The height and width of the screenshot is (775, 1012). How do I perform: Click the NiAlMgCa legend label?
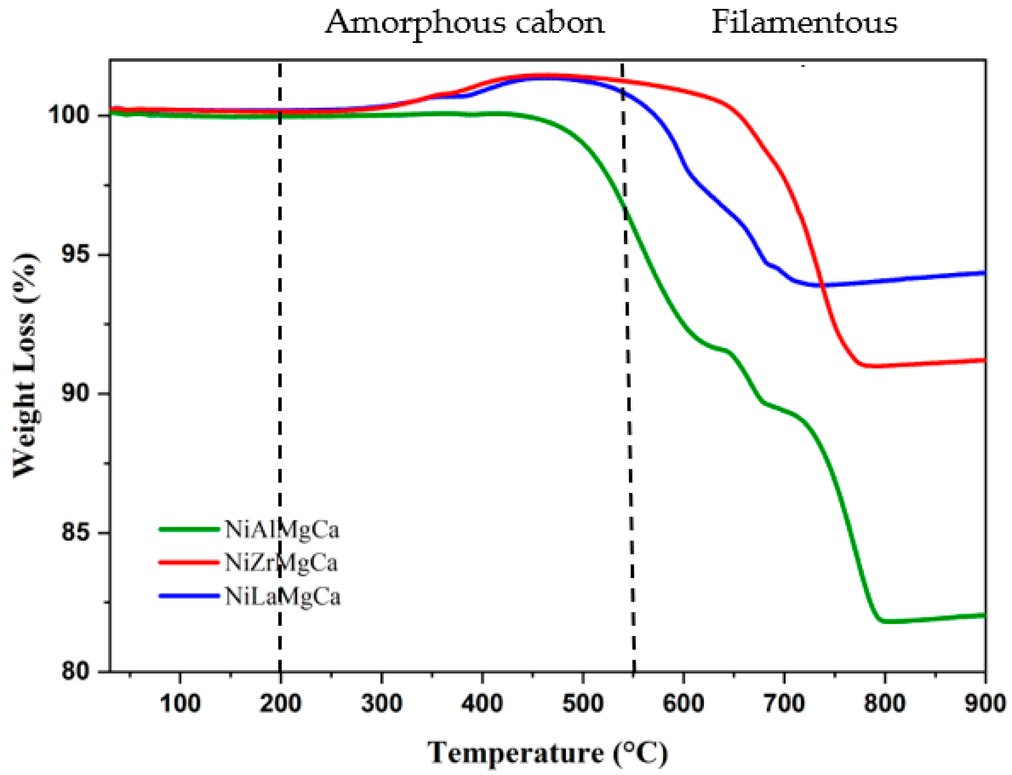(x=282, y=530)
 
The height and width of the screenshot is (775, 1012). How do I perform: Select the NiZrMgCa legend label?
(x=281, y=563)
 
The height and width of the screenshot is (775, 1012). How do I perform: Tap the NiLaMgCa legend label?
(x=282, y=597)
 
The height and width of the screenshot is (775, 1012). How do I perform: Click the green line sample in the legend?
(x=189, y=530)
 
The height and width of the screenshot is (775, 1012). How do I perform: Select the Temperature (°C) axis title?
(x=547, y=753)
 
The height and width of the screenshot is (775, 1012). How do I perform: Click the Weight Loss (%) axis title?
(x=25, y=364)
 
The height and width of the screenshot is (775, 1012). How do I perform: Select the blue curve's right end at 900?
(x=983, y=273)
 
